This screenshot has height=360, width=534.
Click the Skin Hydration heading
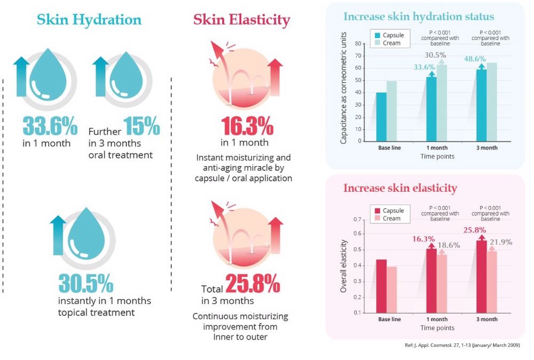89,20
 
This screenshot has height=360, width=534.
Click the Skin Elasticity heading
241,20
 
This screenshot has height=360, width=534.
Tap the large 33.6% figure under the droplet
50,126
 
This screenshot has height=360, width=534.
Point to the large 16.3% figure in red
247,126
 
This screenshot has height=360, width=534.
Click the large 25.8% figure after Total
253,284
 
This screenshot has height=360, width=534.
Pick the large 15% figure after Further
142,126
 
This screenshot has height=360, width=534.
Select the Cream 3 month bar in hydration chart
492,101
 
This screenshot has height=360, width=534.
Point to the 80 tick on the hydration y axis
357,44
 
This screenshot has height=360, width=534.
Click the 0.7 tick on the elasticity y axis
356,220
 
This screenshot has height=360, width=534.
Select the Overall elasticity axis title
344,265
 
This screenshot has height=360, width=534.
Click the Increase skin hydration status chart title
418,16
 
